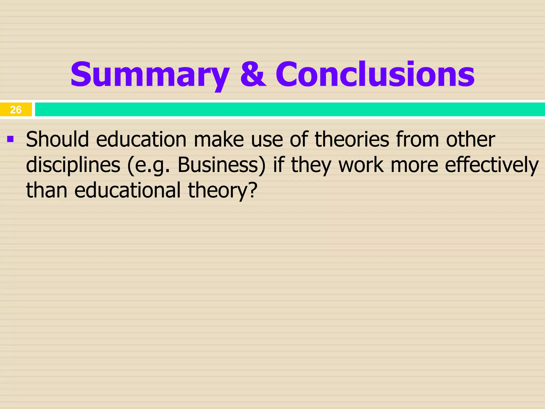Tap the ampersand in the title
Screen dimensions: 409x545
(x=253, y=74)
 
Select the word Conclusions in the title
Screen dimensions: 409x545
(x=375, y=74)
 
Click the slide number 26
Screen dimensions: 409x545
(x=16, y=110)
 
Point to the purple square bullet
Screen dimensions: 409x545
(x=10, y=139)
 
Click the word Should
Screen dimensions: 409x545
(x=57, y=140)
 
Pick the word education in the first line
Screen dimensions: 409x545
(x=141, y=140)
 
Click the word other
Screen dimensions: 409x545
(x=470, y=140)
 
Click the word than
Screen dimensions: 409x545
(x=47, y=190)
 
